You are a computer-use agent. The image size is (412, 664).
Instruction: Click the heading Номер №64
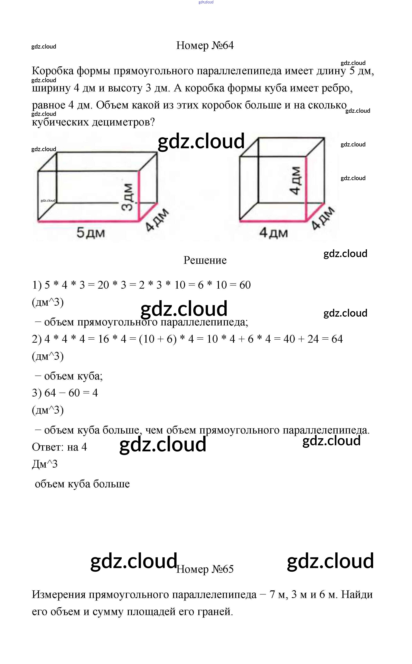click(205, 45)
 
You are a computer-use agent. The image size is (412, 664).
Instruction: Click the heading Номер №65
click(205, 569)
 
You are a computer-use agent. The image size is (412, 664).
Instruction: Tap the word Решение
click(205, 260)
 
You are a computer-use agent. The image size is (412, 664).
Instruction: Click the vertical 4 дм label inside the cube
click(295, 180)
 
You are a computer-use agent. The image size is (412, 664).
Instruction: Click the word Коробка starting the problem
click(53, 71)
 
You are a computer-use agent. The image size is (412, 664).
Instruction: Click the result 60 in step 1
click(245, 285)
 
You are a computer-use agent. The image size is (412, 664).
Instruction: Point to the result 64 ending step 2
click(337, 339)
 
